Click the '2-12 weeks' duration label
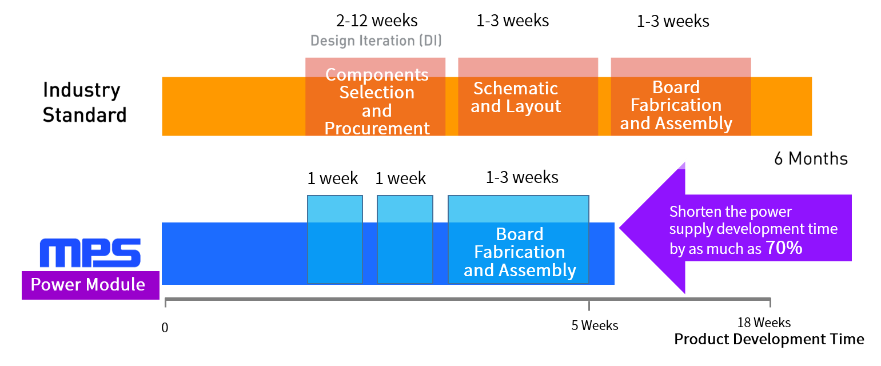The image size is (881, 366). [376, 21]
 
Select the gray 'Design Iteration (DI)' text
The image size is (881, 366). [376, 41]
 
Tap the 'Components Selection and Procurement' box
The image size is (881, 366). [375, 97]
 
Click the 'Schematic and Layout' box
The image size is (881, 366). [528, 97]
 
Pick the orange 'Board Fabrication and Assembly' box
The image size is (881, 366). [681, 97]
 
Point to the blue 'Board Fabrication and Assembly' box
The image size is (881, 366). [519, 239]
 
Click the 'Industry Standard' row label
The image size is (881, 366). [84, 102]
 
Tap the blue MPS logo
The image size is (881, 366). [90, 253]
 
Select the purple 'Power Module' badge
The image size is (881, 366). [90, 285]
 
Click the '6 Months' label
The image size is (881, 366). [811, 158]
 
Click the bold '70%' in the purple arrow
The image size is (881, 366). [784, 248]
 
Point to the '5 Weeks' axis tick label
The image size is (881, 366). [595, 325]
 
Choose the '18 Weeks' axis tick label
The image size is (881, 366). [764, 323]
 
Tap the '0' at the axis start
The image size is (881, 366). [165, 328]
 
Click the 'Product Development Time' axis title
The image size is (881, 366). [769, 339]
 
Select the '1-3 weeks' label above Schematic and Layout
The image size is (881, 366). [512, 21]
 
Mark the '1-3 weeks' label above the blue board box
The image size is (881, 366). [522, 177]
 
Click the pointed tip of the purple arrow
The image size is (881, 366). [620, 228]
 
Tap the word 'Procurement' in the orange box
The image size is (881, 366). [377, 128]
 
